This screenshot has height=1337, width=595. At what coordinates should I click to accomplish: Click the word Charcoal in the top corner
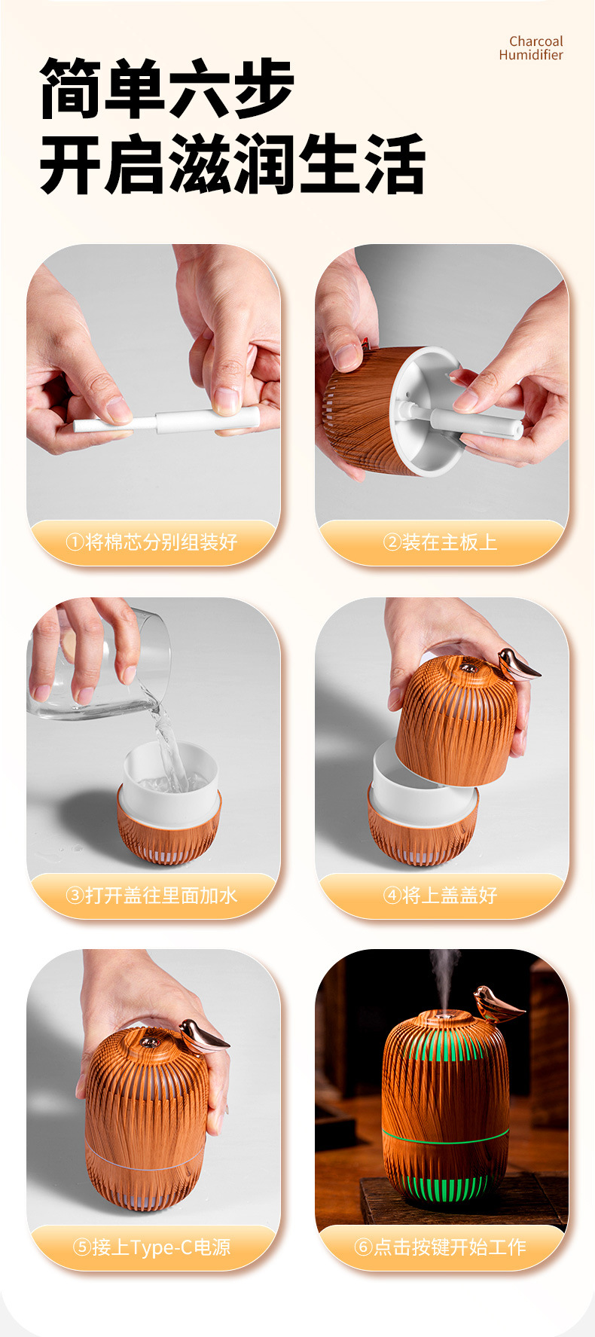tap(535, 41)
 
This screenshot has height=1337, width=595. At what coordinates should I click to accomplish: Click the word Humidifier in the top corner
tap(530, 55)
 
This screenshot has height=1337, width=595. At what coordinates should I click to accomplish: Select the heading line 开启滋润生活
tap(232, 163)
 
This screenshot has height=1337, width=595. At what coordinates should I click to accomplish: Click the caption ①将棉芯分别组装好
tap(152, 542)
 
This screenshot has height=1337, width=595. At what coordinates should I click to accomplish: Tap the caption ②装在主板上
tap(441, 542)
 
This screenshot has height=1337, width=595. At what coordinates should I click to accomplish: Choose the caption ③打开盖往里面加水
tap(152, 895)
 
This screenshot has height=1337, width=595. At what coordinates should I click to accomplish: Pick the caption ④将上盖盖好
tap(441, 895)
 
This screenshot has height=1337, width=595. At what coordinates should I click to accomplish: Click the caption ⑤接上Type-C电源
tap(152, 1247)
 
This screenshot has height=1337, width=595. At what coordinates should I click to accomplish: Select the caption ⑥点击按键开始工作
tap(441, 1247)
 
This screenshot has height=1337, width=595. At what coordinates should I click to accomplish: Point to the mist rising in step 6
tap(444, 975)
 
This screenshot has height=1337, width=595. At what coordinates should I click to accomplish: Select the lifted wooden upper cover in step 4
tap(456, 723)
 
